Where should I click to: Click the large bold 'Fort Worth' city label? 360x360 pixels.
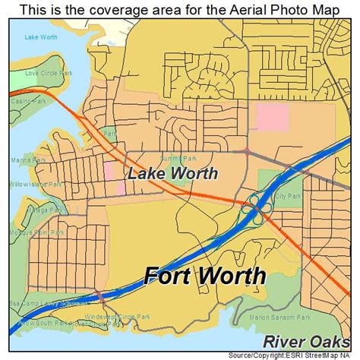tap(205, 276)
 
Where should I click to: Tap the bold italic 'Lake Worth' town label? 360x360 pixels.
tap(172, 173)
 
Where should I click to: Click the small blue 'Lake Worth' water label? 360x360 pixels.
tap(39, 36)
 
